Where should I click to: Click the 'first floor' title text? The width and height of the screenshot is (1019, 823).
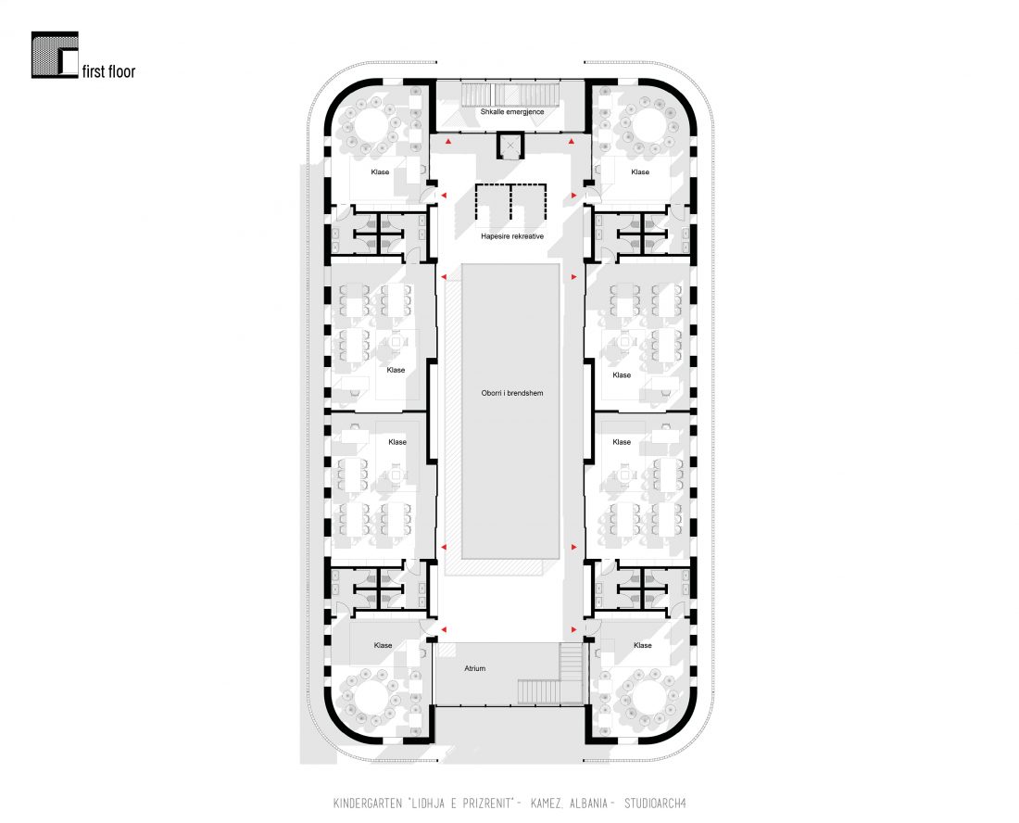coord(108,71)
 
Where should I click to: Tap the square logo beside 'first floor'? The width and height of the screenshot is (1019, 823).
coord(55,55)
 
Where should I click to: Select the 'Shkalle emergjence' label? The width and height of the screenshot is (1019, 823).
coord(512,112)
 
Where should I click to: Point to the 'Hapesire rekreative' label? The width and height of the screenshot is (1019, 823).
coord(512,236)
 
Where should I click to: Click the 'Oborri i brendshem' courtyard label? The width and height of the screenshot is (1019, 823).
coord(512,393)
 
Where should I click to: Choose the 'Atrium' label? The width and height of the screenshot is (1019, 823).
coord(475,668)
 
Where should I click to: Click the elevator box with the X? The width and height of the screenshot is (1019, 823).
coord(510,146)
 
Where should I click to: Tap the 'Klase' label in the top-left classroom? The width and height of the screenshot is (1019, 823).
coord(380,172)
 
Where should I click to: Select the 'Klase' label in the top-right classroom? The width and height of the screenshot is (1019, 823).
coord(640,172)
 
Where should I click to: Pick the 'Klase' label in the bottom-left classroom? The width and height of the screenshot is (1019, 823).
coord(383,646)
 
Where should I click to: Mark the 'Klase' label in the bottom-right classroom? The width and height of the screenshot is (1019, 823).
coord(643,646)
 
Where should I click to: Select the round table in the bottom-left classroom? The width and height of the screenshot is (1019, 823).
coord(371,700)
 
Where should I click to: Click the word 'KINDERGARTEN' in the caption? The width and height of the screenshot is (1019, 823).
coord(368,804)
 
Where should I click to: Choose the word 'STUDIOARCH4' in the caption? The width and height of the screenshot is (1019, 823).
coord(655,804)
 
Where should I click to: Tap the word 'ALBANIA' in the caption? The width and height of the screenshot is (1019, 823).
coord(588,804)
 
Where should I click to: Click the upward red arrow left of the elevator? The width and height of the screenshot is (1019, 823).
coord(448,141)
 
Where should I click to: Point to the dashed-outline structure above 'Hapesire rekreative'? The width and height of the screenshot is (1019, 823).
coord(510,202)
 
